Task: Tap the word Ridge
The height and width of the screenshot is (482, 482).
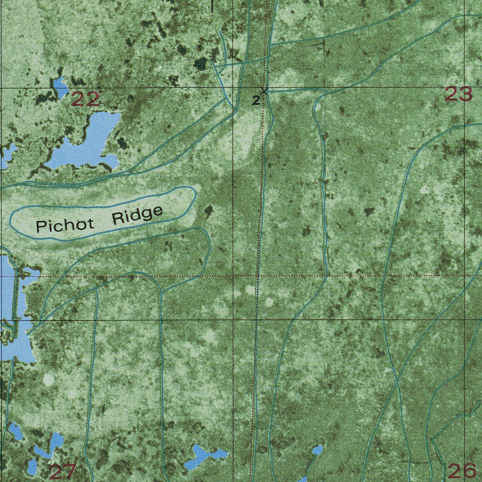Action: [x=137, y=215]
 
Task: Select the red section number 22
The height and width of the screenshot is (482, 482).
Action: [x=86, y=99]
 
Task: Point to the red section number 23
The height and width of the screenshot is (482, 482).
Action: [x=458, y=95]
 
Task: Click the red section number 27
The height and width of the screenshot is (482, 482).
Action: [x=63, y=471]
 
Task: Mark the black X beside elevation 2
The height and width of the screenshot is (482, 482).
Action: [x=264, y=91]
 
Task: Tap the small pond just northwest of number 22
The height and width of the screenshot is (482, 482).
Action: [x=60, y=87]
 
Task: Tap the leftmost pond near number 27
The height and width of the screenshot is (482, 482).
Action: [x=15, y=431]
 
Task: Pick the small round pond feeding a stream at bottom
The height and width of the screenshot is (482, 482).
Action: [x=317, y=450]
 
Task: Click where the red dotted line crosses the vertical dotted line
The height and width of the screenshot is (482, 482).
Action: [x=257, y=276]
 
